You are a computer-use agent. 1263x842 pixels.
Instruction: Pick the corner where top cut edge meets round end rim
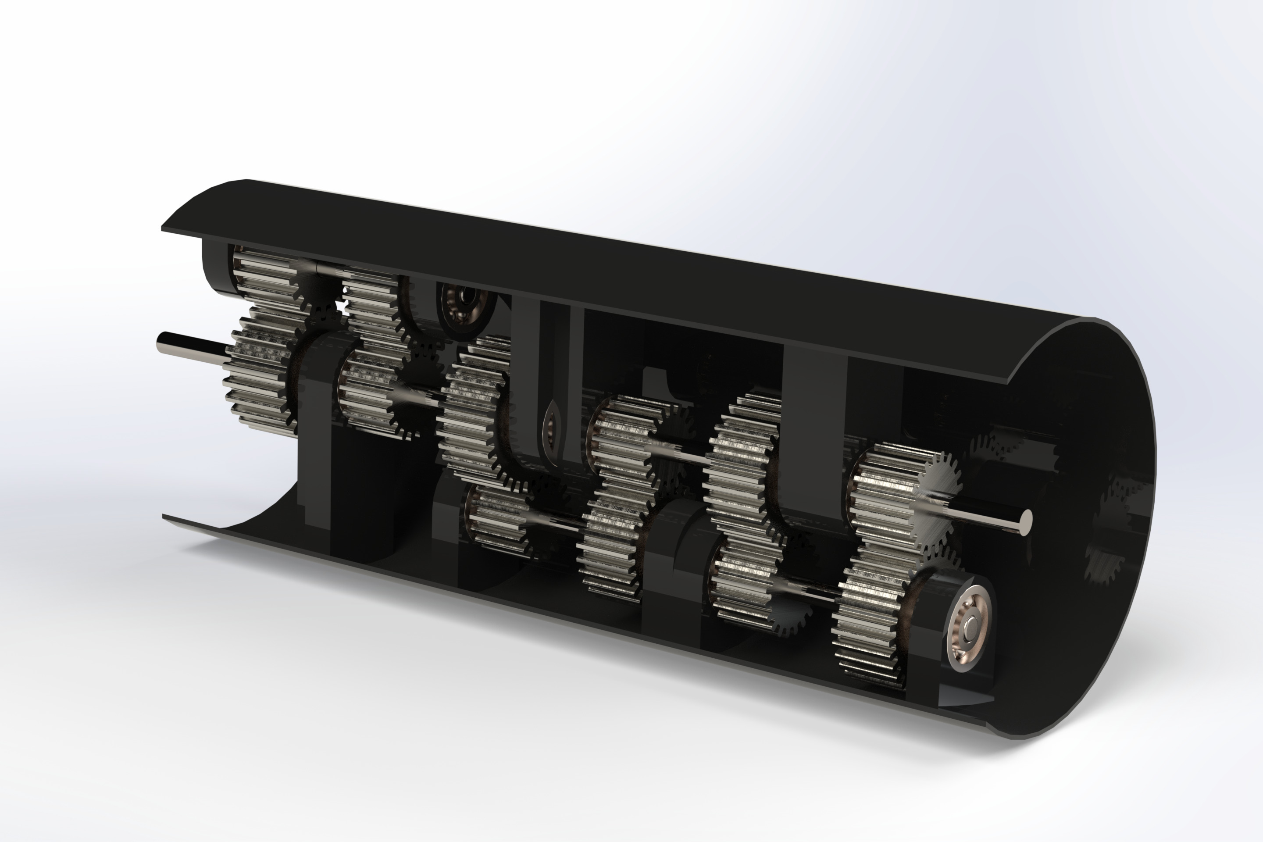1009,382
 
